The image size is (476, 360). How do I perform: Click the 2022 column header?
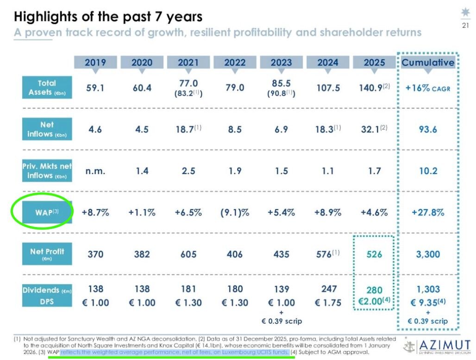[235, 63]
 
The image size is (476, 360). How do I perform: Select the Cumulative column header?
[428, 63]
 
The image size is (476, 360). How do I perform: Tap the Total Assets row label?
[47, 88]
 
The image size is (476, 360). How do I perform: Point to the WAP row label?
[47, 213]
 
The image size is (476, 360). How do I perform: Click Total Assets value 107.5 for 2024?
[328, 88]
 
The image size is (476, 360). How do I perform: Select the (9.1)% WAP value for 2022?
[235, 213]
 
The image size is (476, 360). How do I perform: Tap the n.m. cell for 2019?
[95, 171]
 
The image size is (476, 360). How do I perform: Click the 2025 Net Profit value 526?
[375, 254]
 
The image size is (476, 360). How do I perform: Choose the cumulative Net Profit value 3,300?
[428, 254]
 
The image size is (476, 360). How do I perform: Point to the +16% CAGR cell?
[428, 88]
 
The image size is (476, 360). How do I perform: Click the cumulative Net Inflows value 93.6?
[428, 129]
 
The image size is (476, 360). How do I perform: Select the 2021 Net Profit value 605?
[188, 254]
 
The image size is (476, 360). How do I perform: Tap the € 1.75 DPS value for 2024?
[328, 303]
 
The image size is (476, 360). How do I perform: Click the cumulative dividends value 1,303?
[428, 290]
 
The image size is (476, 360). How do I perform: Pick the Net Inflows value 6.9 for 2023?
[281, 129]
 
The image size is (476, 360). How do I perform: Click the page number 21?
[465, 25]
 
